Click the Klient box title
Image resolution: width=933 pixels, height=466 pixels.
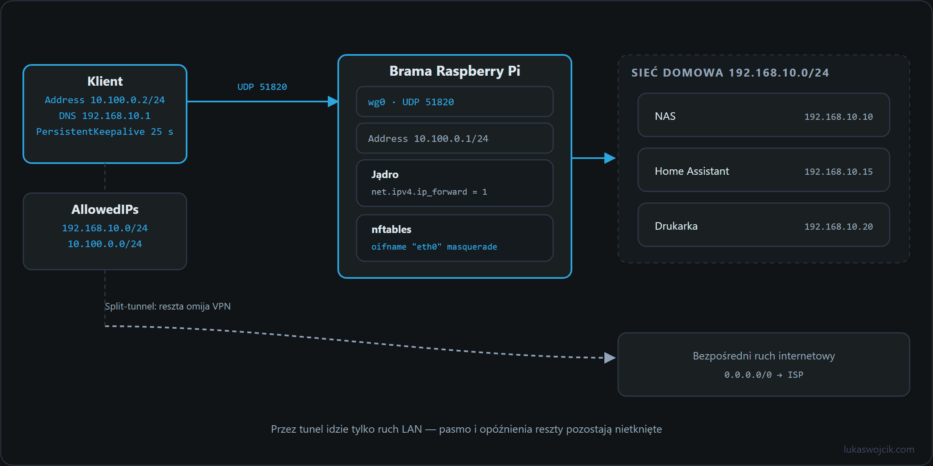[105, 81]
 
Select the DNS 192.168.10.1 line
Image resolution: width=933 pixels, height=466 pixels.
[105, 116]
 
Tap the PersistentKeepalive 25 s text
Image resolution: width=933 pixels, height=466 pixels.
[105, 131]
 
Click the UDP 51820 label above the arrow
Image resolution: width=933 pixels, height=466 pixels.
[262, 87]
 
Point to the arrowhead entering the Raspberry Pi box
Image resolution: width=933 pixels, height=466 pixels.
[333, 102]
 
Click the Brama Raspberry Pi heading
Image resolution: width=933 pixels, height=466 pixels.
[455, 71]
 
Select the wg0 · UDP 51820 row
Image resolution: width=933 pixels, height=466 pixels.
[455, 102]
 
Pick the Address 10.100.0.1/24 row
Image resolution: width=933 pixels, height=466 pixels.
[455, 139]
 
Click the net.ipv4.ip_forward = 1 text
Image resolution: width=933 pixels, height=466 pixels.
[429, 192]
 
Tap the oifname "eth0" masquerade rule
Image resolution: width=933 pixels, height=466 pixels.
[434, 247]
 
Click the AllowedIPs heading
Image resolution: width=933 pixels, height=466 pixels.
[105, 209]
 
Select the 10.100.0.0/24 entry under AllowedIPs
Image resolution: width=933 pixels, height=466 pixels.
[105, 244]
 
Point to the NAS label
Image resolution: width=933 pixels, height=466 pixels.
[665, 116]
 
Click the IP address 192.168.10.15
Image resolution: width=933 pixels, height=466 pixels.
[838, 171]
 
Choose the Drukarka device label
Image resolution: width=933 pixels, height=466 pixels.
[676, 226]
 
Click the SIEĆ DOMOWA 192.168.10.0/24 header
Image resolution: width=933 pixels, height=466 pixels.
[730, 72]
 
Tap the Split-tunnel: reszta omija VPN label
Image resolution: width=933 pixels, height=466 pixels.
[168, 306]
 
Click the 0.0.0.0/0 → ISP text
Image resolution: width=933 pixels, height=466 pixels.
[764, 375]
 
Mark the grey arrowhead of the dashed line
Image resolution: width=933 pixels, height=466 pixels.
[610, 358]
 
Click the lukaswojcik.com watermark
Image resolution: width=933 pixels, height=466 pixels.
[879, 449]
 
